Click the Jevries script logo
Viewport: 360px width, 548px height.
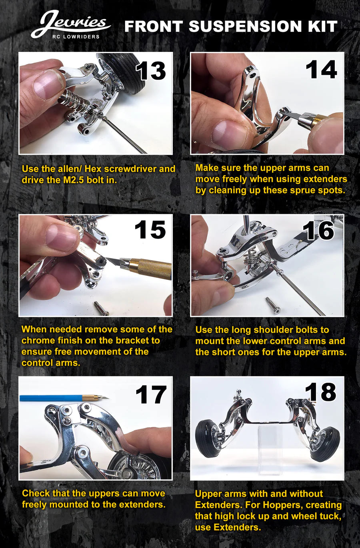[x=71, y=24]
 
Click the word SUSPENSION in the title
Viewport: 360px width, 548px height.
[x=245, y=26]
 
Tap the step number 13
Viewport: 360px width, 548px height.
[x=151, y=70]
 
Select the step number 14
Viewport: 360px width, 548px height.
[x=321, y=69]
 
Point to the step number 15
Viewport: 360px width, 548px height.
[x=150, y=229]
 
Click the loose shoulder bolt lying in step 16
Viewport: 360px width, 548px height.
[x=273, y=305]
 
